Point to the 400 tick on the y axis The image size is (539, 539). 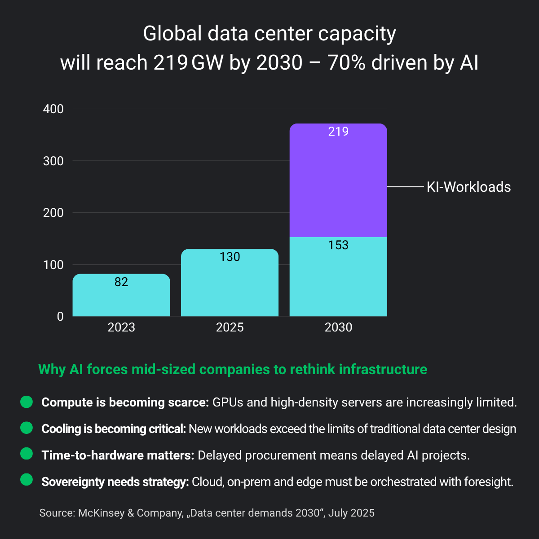point(53,109)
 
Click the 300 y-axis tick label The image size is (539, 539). point(53,161)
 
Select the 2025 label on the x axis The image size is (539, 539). point(230,327)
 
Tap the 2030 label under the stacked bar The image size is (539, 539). point(338,327)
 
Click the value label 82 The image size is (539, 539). point(121,282)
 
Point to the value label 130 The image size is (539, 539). point(230,257)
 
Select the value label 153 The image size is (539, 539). point(338,245)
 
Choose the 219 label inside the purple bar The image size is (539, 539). point(338,132)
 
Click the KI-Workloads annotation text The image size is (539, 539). point(468,187)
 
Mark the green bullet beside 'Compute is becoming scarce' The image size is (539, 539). point(27,402)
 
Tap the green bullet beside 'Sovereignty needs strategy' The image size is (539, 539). point(27,480)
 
